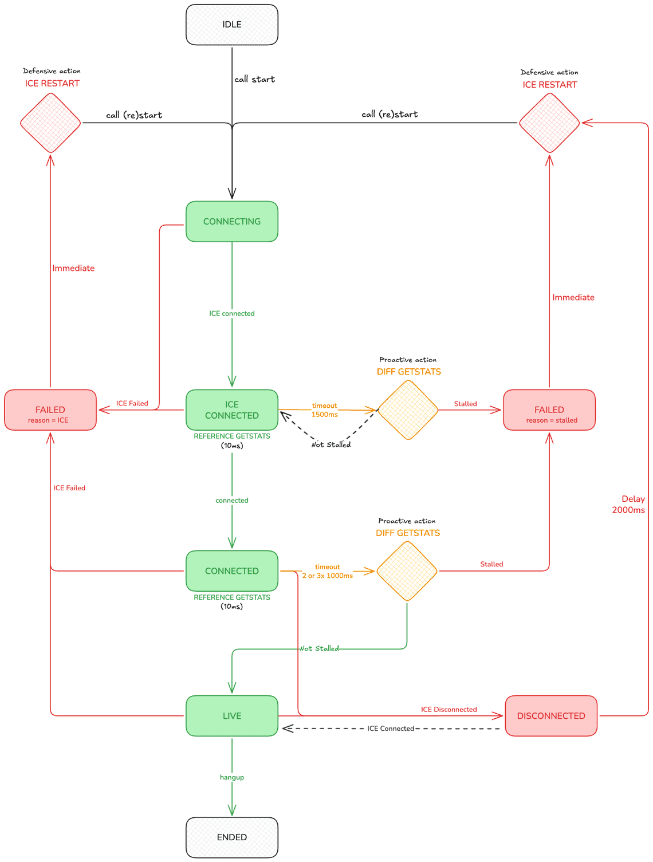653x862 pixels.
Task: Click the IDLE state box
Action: coord(231,25)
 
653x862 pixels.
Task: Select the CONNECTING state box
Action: coord(231,222)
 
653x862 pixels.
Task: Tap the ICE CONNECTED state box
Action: coord(231,410)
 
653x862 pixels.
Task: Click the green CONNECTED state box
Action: coord(231,571)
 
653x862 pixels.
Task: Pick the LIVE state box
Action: coord(231,716)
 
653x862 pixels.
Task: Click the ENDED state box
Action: coord(231,837)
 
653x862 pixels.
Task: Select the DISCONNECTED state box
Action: coord(550,716)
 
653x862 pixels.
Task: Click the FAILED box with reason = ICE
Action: coord(50,410)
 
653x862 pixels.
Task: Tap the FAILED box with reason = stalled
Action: coord(549,410)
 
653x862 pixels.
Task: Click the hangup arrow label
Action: coord(231,777)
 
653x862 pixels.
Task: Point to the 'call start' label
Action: coord(254,80)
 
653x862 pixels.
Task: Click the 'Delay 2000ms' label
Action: coord(629,505)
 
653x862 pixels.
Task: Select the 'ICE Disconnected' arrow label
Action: coord(449,710)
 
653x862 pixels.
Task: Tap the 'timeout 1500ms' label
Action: coord(324,410)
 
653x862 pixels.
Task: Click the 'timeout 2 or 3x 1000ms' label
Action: coord(327,572)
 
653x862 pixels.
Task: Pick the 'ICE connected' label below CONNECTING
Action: coord(231,314)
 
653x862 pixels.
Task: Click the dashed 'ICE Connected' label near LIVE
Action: coord(390,729)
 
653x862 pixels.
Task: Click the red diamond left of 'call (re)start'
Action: coord(50,123)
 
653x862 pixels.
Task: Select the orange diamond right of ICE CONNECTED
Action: coord(408,410)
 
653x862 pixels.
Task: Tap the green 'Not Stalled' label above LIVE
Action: coord(319,649)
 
